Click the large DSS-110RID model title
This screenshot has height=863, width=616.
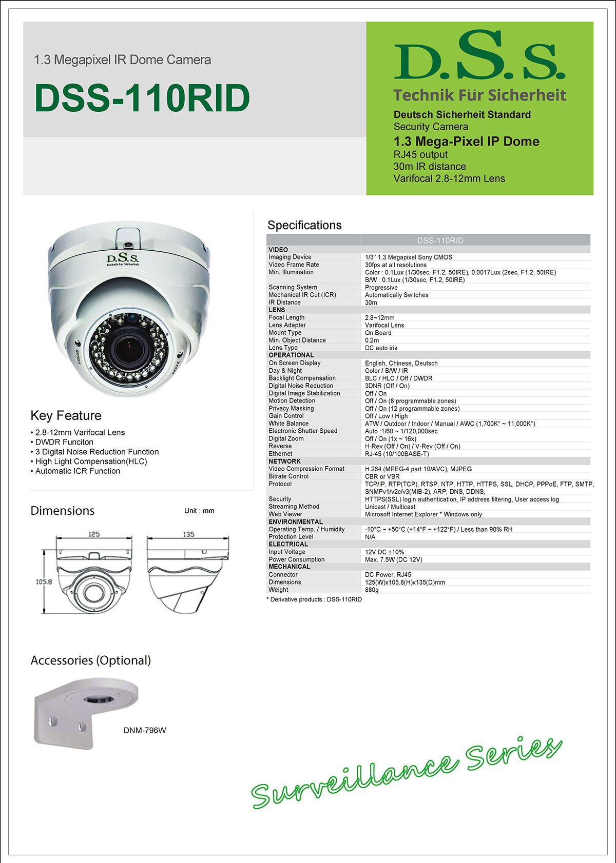(x=142, y=98)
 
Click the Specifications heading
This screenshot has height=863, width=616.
(x=304, y=225)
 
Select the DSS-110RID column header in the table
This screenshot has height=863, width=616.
(x=440, y=240)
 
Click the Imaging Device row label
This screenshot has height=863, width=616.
(x=290, y=257)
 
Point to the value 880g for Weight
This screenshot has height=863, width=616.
(x=372, y=590)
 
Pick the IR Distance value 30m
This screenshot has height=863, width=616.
(x=371, y=303)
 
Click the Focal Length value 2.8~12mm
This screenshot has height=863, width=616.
(x=379, y=317)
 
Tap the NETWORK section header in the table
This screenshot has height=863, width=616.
(x=284, y=461)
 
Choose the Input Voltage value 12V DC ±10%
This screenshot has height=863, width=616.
(x=384, y=552)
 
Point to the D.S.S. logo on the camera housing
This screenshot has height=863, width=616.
(x=123, y=259)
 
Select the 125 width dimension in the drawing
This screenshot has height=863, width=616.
(x=93, y=534)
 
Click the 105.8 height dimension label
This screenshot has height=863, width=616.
(x=44, y=581)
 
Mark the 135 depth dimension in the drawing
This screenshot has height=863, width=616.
(x=188, y=534)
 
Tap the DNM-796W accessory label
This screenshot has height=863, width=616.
(x=145, y=730)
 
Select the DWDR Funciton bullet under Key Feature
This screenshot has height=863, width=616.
(x=64, y=442)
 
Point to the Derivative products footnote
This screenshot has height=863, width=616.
(x=314, y=599)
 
